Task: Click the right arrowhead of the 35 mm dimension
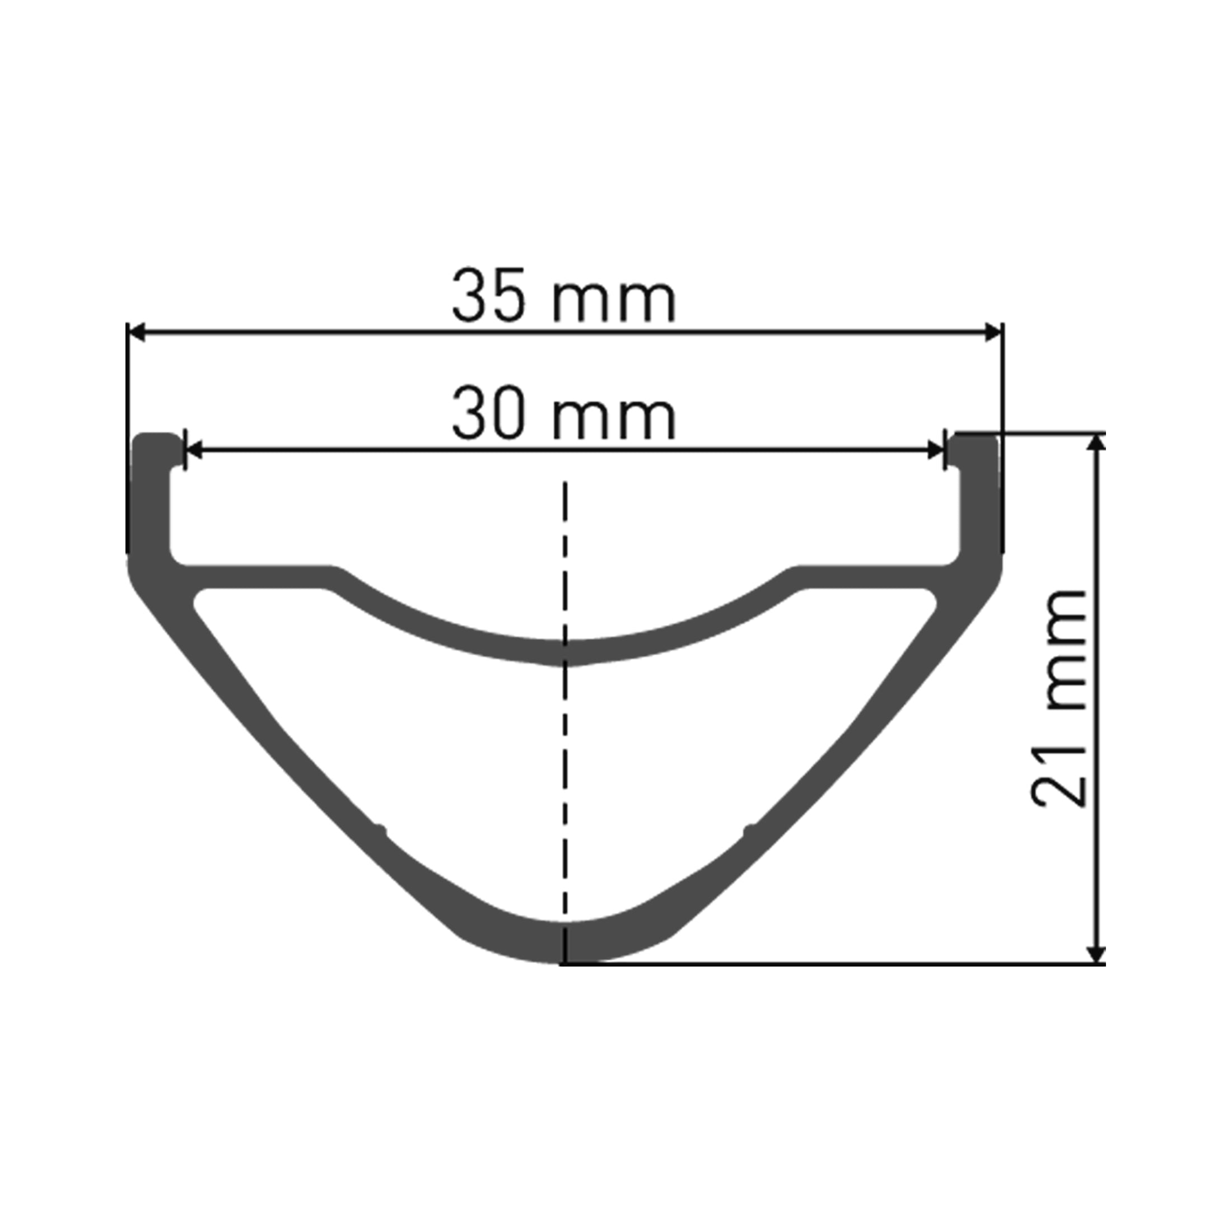click(993, 332)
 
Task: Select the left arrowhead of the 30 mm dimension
click(193, 450)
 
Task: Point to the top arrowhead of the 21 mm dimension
click(1095, 442)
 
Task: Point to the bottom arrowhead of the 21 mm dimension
click(1095, 955)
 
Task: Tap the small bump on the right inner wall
click(748, 829)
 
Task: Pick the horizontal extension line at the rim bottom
click(829, 965)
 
